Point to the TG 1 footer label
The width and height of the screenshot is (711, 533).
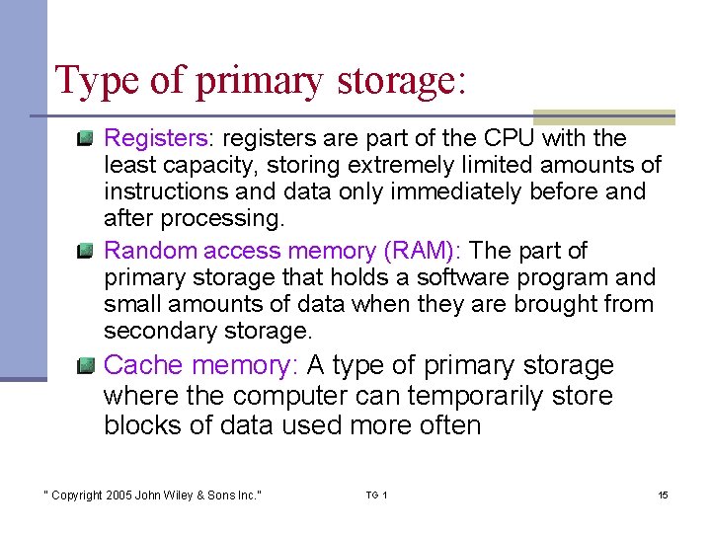[376, 495]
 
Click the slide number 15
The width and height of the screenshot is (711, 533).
[663, 495]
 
